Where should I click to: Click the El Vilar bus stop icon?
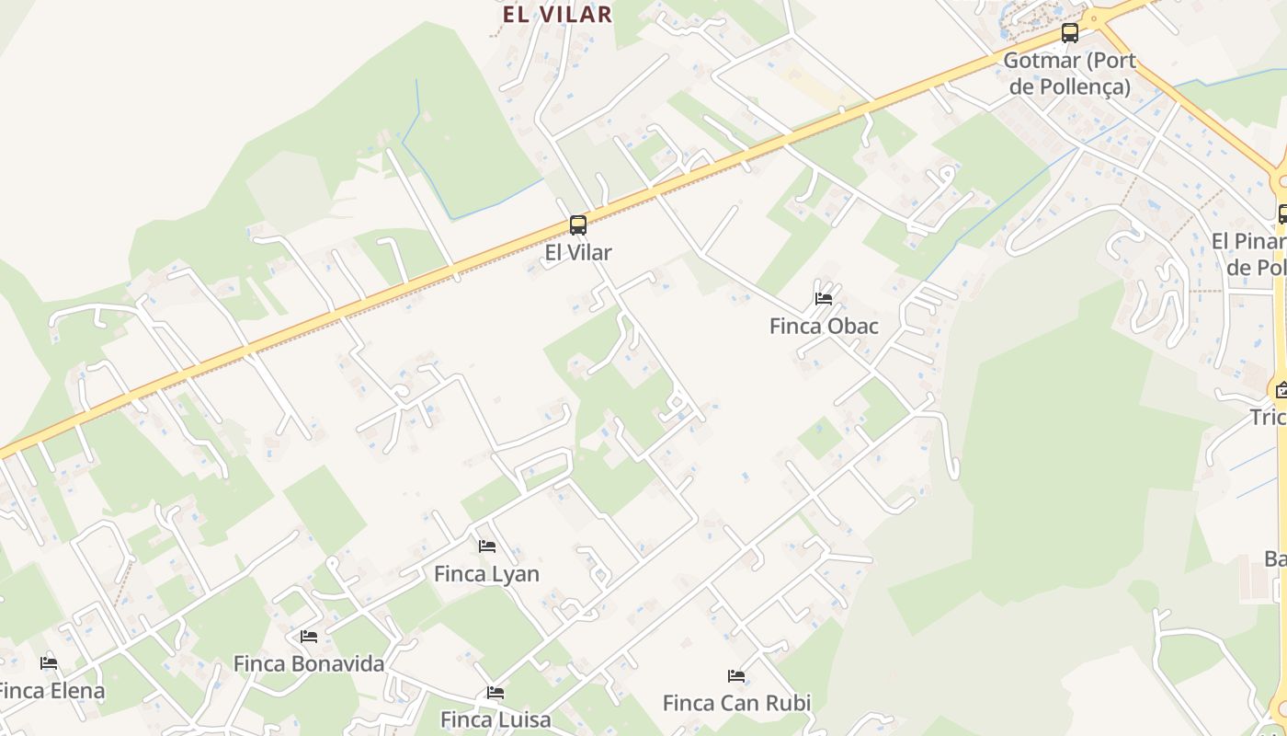[577, 225]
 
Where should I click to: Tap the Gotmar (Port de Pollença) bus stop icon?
[1069, 34]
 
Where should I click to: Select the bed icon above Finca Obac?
[824, 299]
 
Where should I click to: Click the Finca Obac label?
[824, 327]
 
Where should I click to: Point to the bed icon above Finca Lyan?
[487, 546]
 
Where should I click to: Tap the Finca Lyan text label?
[486, 574]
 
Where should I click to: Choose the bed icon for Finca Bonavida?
[309, 637]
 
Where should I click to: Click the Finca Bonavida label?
[309, 663]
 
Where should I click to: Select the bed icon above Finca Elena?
[49, 663]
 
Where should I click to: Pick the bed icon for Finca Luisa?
[495, 693]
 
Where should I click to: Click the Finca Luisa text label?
[495, 719]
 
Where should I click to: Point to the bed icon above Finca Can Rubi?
[736, 676]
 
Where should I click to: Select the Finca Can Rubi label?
[736, 704]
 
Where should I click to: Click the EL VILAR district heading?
[557, 14]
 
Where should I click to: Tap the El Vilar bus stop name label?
[577, 252]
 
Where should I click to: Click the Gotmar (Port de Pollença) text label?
[1069, 74]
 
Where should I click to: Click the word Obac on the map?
[851, 327]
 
